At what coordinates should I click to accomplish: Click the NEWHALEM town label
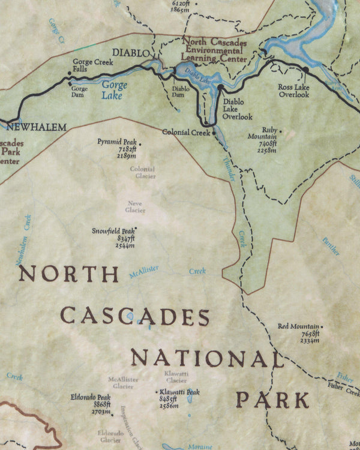tap(35, 127)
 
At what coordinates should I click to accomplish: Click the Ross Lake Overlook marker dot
tap(305, 70)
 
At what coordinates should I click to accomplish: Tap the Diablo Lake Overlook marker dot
tap(220, 88)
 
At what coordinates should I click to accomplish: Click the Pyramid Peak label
tap(116, 142)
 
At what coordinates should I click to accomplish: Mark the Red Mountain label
tap(298, 326)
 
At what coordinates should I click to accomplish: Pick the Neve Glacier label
tap(135, 206)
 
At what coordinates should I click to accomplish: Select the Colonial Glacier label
tap(142, 172)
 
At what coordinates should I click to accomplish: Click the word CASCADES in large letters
tap(136, 316)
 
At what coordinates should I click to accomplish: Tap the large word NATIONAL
tap(207, 359)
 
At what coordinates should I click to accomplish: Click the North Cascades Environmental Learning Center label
tap(214, 50)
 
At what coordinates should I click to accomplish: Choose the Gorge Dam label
tap(80, 92)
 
